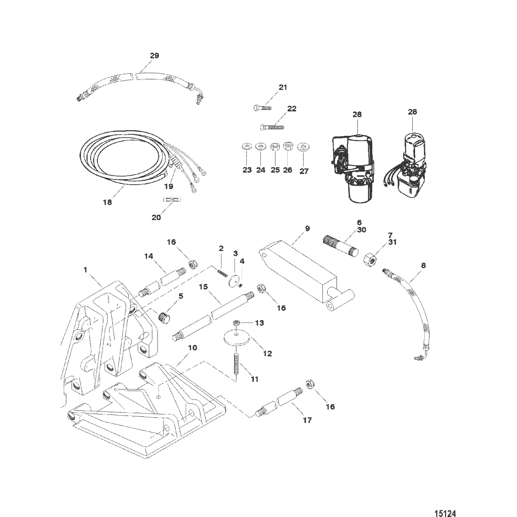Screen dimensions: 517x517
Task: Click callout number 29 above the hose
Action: click(x=154, y=55)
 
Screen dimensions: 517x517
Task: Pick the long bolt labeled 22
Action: click(x=272, y=126)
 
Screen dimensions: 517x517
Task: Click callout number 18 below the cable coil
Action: click(x=108, y=203)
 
